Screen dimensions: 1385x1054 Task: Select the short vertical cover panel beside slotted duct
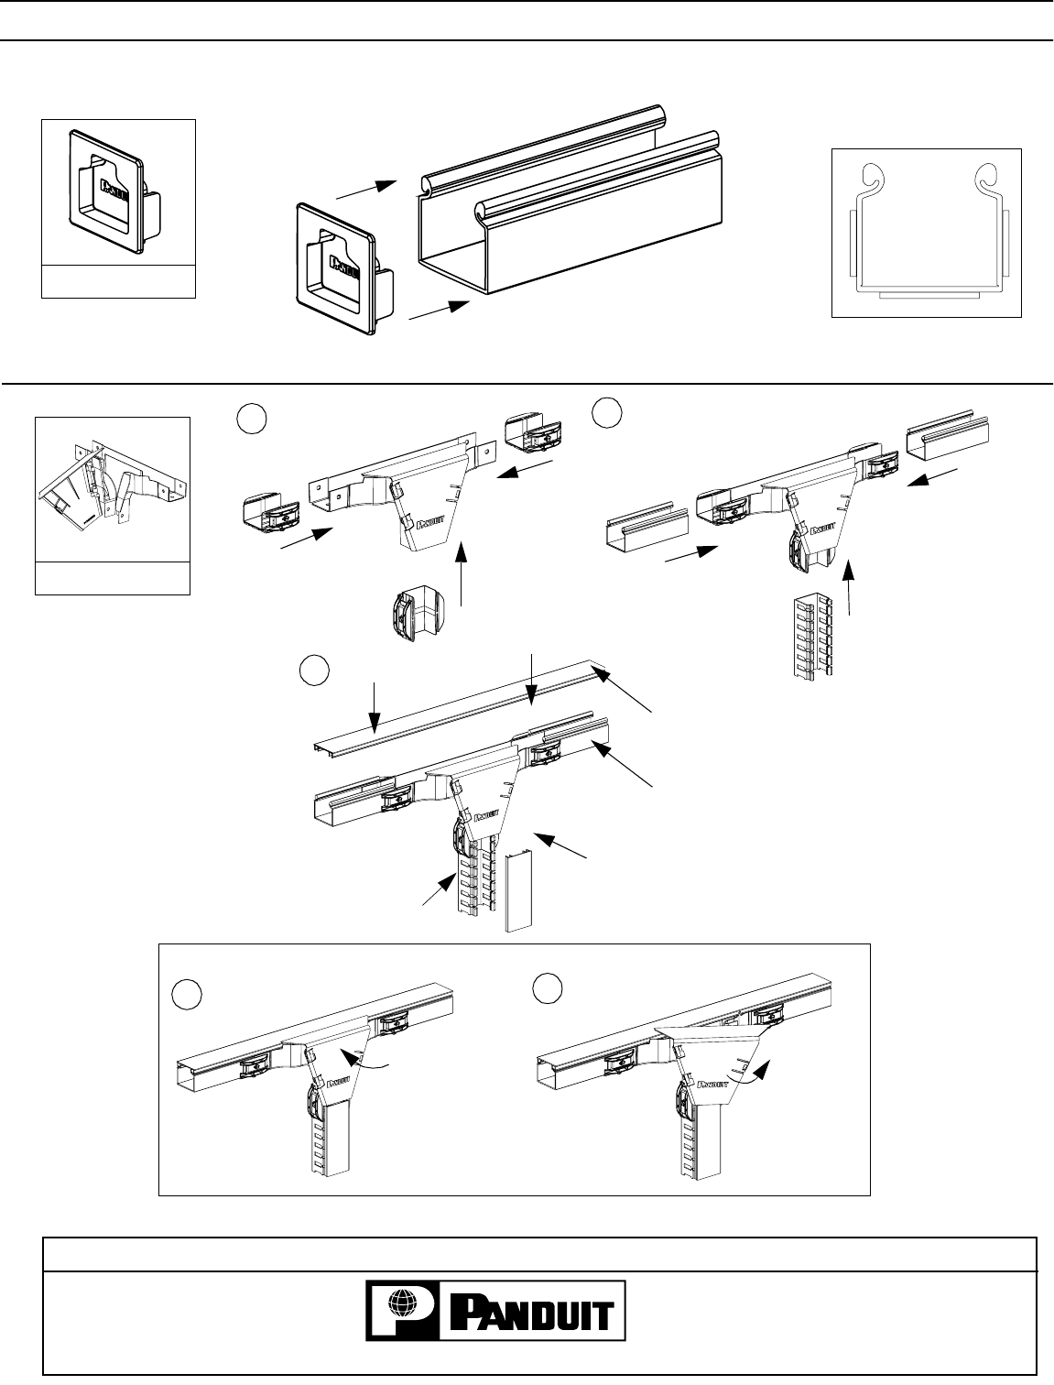pos(517,889)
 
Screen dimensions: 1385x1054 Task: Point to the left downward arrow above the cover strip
pos(373,705)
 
